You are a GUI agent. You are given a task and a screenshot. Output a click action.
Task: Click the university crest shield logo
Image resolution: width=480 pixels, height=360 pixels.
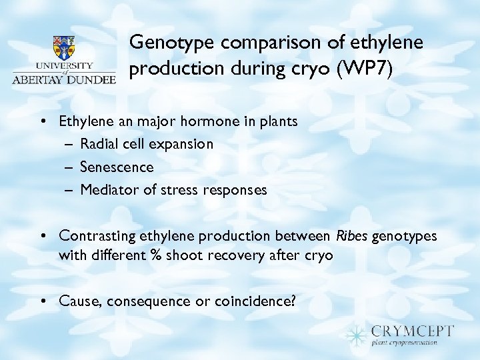64,48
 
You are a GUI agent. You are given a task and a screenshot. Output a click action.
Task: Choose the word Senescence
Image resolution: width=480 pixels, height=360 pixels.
117,167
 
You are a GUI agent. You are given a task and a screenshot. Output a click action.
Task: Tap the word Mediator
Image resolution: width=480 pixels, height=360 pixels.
109,190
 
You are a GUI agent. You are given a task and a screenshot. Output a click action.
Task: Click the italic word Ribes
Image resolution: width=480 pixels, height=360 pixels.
349,235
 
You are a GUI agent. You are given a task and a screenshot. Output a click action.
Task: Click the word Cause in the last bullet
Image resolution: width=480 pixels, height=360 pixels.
77,301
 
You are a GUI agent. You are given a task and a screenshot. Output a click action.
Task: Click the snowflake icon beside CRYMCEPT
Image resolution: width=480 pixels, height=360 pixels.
358,333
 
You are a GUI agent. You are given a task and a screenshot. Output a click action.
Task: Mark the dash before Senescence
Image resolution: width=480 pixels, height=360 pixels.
69,167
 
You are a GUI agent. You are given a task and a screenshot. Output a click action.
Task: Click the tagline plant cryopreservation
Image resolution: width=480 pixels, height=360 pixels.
405,343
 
